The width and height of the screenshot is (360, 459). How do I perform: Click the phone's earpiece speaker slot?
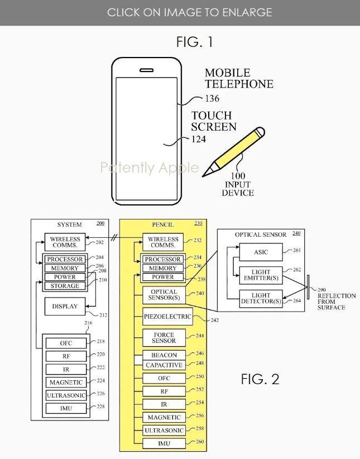146,70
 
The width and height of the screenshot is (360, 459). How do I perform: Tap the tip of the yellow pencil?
203,176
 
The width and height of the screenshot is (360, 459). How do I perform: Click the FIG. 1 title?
194,42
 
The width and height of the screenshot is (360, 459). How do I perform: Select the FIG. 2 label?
260,379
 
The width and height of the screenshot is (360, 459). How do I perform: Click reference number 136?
212,98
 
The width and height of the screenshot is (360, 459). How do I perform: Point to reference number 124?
199,139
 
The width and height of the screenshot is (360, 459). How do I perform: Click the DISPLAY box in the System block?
65,306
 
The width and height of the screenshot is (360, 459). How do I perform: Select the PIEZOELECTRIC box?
167,317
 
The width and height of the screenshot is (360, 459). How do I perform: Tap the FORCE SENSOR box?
164,338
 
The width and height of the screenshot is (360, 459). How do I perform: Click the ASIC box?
261,252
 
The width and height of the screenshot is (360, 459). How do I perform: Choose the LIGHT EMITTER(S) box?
261,275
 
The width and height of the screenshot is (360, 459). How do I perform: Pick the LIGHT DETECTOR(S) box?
261,299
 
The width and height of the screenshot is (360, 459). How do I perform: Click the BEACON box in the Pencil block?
164,355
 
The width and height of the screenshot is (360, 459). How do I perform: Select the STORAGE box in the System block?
65,286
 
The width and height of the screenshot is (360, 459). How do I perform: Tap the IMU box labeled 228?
66,408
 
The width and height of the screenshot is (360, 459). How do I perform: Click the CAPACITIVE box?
164,365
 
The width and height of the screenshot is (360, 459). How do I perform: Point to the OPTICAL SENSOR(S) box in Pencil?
164,295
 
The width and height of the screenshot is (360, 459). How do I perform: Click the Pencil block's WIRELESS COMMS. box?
163,242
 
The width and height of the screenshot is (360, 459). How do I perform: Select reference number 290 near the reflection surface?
321,290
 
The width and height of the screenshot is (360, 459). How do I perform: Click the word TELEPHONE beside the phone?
239,84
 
